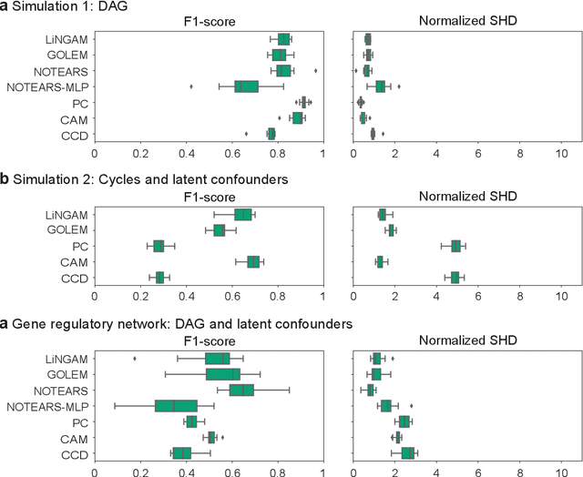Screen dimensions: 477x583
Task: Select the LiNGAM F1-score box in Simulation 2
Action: click(x=242, y=215)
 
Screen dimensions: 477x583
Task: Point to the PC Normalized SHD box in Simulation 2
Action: click(x=455, y=246)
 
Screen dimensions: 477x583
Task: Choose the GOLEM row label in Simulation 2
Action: click(x=68, y=230)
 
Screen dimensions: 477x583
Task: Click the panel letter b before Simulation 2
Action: click(x=5, y=179)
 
